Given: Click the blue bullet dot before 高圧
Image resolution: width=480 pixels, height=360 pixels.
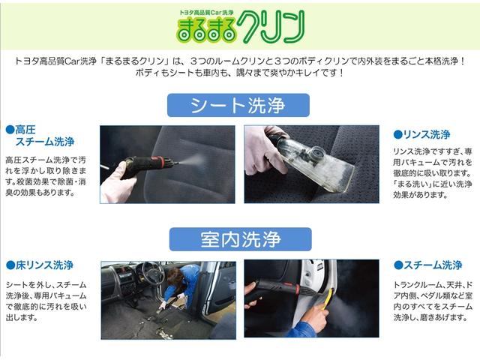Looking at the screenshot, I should pos(9,130).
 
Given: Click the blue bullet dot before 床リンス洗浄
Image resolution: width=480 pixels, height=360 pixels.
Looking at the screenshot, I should pos(9,265).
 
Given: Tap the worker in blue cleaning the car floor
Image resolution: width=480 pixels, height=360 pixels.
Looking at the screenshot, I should pos(180,285).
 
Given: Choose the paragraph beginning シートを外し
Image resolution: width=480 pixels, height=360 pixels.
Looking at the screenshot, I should pos(45,301).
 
